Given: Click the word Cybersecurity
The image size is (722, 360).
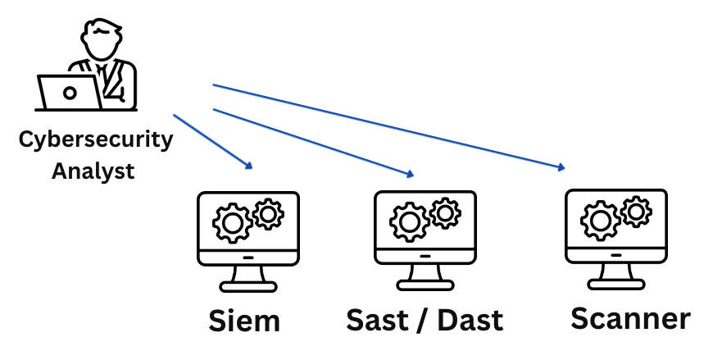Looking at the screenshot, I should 96,139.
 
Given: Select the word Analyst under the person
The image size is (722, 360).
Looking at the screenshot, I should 93,172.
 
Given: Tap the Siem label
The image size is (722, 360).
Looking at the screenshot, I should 244,321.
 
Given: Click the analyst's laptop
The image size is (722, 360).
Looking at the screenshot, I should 69,93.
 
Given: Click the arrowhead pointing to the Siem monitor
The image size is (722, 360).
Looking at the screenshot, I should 249,166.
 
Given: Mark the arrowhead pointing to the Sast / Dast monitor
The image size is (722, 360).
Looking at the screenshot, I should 411,174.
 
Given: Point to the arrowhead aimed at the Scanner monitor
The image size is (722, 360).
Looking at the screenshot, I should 562,167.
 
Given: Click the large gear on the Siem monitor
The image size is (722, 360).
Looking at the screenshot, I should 232,222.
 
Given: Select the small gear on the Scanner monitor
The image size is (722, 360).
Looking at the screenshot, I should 636,212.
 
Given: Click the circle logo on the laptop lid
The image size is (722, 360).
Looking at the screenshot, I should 69,93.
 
